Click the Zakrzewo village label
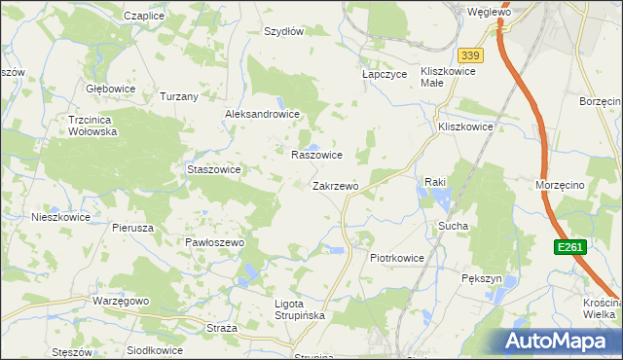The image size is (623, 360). pyautogui.click(x=336, y=186)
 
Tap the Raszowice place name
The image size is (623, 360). pyautogui.click(x=316, y=155)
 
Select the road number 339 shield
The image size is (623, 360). pyautogui.click(x=472, y=55)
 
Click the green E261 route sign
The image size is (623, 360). pyautogui.click(x=570, y=248)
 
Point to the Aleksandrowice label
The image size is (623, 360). pyautogui.click(x=262, y=114)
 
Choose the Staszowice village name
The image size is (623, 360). pyautogui.click(x=213, y=168)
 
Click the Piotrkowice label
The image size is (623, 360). pyautogui.click(x=397, y=258)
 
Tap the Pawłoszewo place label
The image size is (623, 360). pyautogui.click(x=213, y=241)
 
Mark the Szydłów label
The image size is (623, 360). pyautogui.click(x=284, y=31)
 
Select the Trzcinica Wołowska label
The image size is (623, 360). pyautogui.click(x=92, y=125)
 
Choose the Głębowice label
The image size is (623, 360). pyautogui.click(x=110, y=88)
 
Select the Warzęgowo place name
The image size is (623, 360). pyautogui.click(x=121, y=301)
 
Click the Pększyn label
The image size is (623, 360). pyautogui.click(x=481, y=278)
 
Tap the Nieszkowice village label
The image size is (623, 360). pyautogui.click(x=60, y=217)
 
